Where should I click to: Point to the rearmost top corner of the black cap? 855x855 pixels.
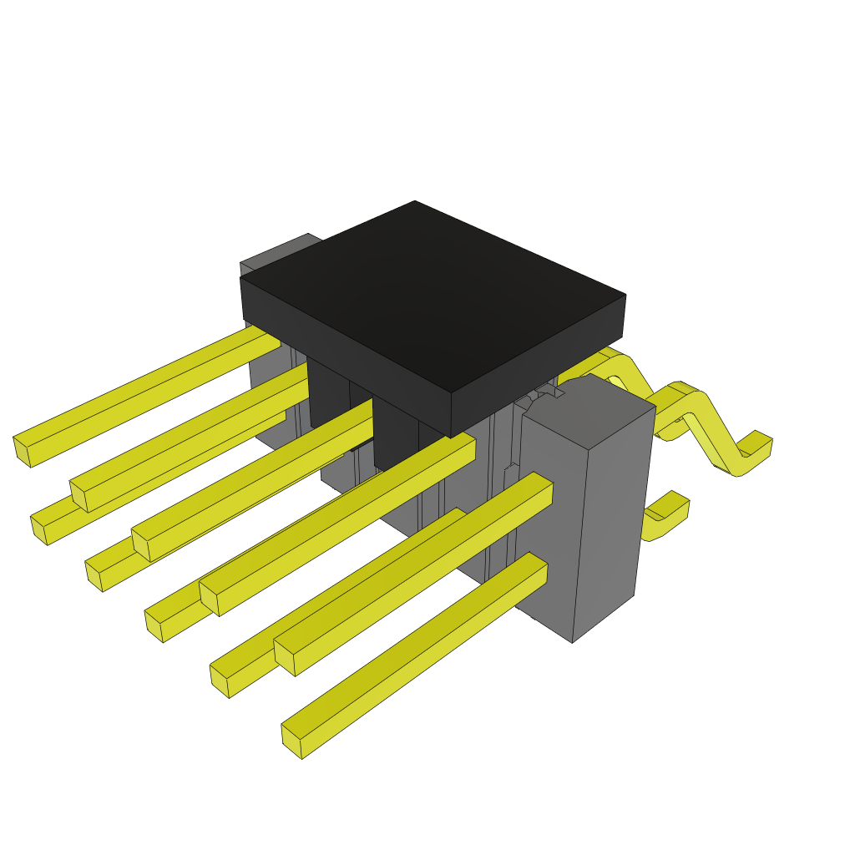coord(415,202)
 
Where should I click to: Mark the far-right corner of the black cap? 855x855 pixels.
coord(625,296)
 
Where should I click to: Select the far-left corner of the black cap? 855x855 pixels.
coord(241,278)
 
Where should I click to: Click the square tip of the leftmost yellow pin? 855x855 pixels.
coord(23,451)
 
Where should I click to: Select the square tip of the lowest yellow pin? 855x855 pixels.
coord(292,741)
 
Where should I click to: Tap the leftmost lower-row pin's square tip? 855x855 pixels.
coord(38,531)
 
